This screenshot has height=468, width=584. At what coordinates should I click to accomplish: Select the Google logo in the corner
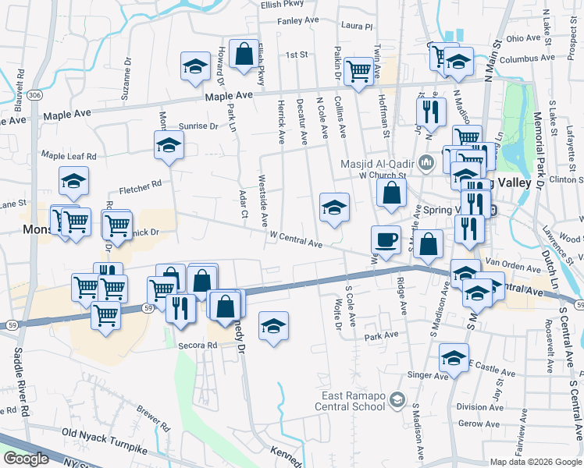click(26, 459)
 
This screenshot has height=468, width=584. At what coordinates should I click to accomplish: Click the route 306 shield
click(34, 94)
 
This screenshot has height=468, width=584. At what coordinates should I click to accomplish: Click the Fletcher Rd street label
click(140, 186)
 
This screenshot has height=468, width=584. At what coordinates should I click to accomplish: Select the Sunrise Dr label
click(198, 126)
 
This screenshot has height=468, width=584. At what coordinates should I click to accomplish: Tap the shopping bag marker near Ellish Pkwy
click(244, 55)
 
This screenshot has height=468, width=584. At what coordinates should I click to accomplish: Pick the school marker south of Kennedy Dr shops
click(273, 327)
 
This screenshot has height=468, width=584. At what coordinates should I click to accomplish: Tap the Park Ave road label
click(381, 335)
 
